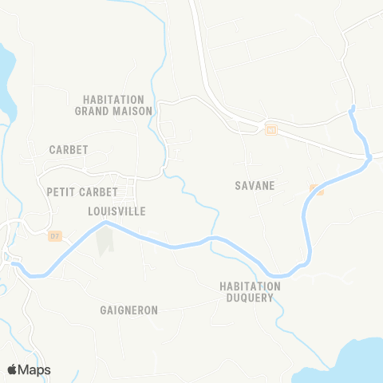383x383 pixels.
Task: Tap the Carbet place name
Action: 69,149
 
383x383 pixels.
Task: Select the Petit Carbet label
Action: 82,191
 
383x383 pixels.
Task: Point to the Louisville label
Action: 116,211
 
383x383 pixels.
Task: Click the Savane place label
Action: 255,186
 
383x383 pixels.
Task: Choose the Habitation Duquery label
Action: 251,292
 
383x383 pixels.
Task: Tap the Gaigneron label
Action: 129,310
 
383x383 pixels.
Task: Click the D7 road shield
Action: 54,236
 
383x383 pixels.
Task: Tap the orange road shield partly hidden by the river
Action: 316,189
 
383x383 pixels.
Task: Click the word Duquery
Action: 251,298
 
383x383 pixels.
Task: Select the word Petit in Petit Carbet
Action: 61,191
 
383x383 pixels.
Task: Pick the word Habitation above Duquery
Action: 251,286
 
